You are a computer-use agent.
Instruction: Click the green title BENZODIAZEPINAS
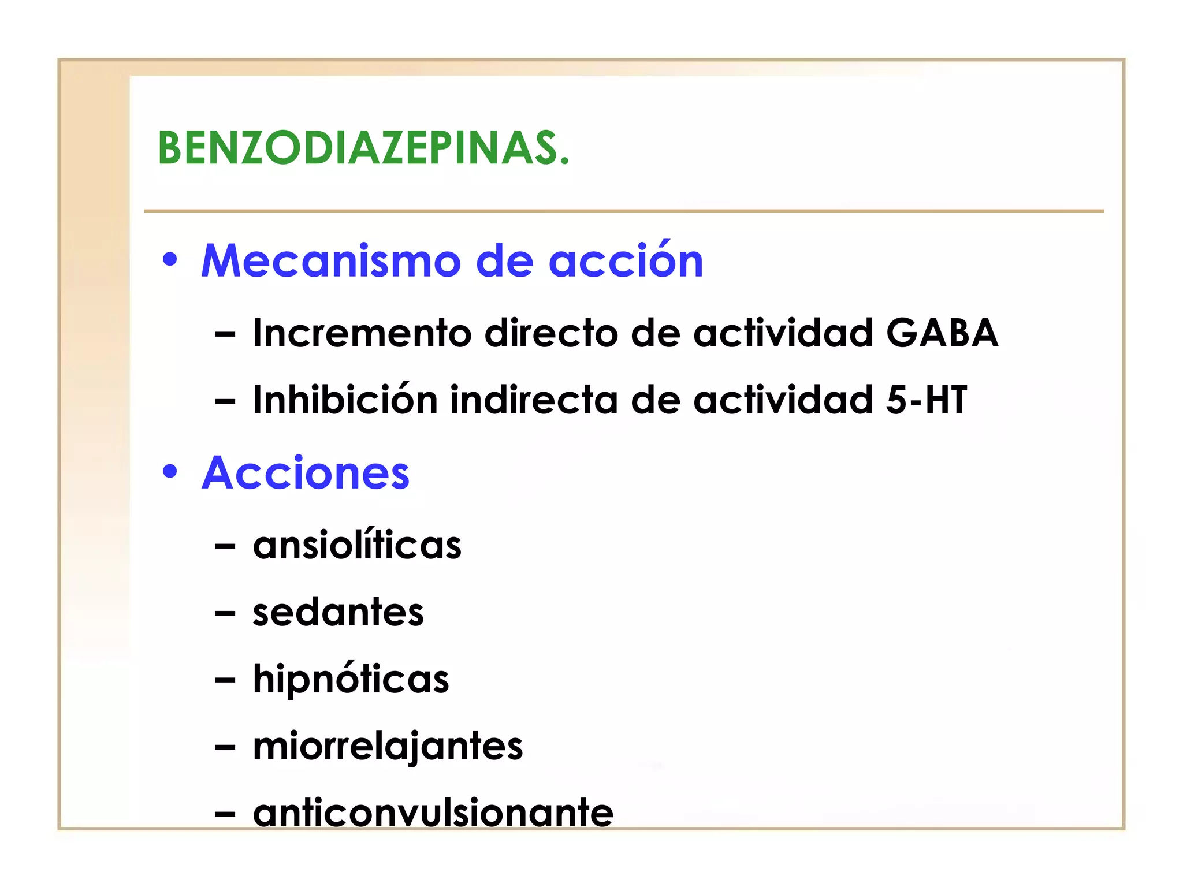click(x=363, y=148)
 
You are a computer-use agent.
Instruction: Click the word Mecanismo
click(x=330, y=261)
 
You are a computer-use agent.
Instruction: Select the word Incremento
click(x=362, y=333)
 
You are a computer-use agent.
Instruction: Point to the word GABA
click(x=942, y=333)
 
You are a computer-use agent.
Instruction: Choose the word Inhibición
click(x=345, y=400)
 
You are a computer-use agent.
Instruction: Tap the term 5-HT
click(x=927, y=400)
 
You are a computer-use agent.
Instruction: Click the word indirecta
click(x=534, y=400)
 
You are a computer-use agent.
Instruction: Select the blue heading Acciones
click(x=306, y=473)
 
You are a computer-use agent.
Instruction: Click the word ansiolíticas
click(x=357, y=545)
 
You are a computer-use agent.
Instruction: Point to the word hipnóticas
click(x=351, y=679)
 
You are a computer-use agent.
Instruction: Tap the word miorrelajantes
click(x=388, y=746)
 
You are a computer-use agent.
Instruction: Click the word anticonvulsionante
click(x=433, y=812)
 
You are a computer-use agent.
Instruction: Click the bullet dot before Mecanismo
click(x=170, y=259)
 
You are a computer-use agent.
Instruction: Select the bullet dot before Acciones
click(x=170, y=471)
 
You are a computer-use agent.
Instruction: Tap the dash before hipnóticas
click(x=225, y=680)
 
